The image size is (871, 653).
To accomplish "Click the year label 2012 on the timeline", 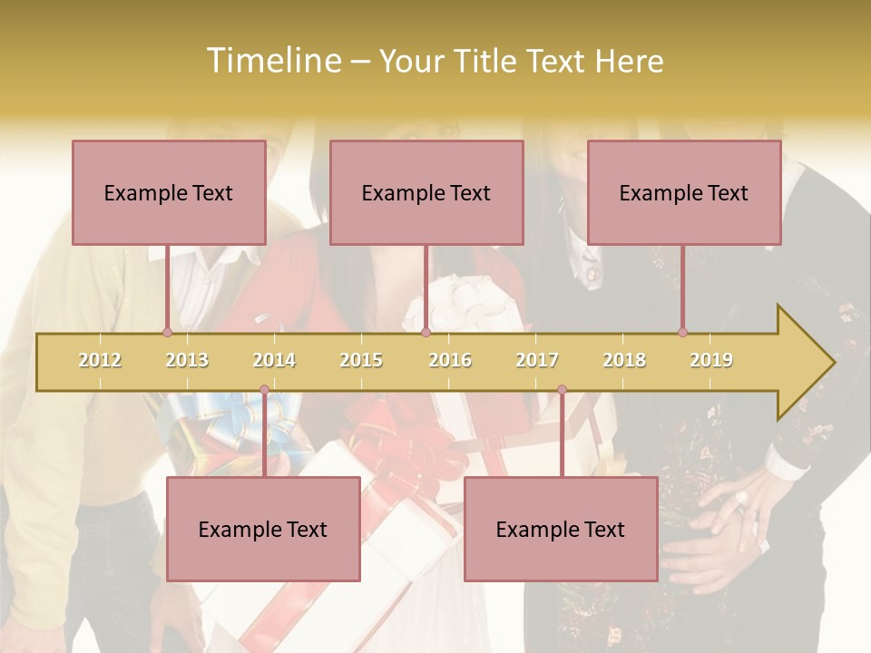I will click(100, 360).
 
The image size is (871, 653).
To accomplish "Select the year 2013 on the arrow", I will click(187, 360).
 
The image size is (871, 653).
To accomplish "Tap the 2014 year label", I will click(274, 360).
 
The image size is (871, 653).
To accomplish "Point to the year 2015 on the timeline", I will click(361, 360).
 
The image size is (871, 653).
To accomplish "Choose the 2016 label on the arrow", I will click(450, 360).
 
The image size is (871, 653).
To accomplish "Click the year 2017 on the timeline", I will click(537, 360).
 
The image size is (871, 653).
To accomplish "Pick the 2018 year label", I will click(624, 360).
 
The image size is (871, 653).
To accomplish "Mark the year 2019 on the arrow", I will click(711, 360).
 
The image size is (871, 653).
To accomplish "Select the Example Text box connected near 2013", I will click(169, 192).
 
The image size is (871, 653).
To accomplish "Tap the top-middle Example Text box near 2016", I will click(426, 192).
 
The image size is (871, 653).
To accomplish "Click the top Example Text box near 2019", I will click(684, 192).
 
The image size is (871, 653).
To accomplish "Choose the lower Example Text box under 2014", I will click(263, 529).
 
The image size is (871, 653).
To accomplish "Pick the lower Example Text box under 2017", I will click(561, 529).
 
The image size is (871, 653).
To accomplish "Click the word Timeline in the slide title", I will click(272, 61).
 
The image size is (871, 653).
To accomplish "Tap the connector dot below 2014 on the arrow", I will click(264, 390).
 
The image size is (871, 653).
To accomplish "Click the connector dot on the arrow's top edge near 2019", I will click(682, 332).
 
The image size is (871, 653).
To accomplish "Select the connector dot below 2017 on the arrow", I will click(562, 390).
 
